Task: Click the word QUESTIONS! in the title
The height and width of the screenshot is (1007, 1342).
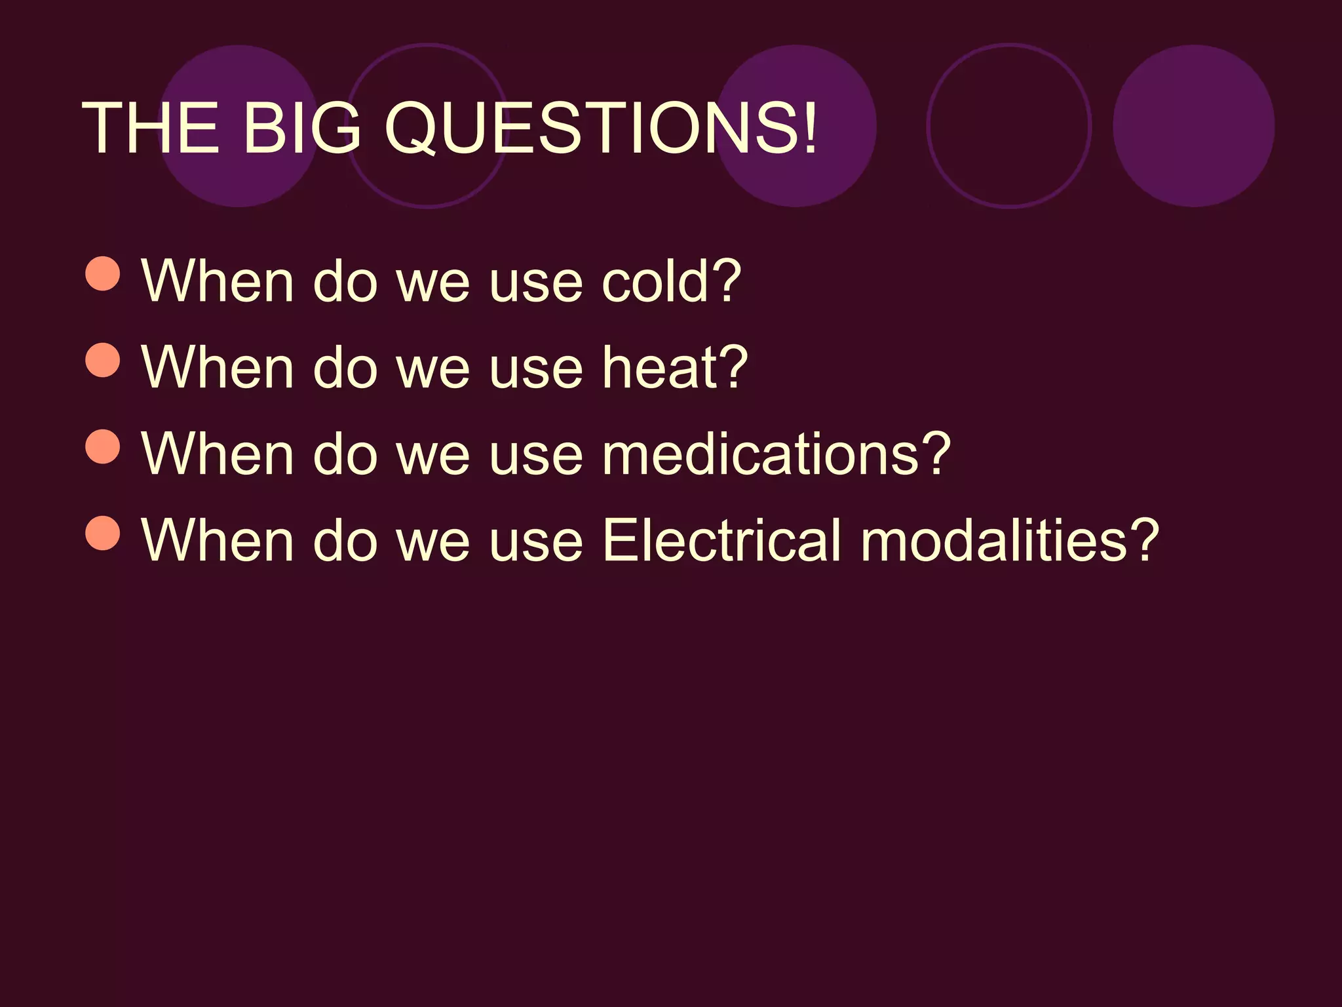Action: pos(601,128)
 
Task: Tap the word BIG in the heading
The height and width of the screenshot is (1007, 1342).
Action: pos(301,128)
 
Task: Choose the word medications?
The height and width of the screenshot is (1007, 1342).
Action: pos(776,454)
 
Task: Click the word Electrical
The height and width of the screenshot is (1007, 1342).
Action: pos(721,540)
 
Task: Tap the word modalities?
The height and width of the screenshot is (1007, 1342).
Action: pos(1010,540)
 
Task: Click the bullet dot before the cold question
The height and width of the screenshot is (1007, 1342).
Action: pos(103,273)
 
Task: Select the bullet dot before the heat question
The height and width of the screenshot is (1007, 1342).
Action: pos(103,359)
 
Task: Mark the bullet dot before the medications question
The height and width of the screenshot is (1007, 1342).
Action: pos(103,446)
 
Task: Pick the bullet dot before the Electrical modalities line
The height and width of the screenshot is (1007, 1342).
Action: pos(103,532)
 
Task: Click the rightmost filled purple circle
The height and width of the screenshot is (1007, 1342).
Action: pos(1193,126)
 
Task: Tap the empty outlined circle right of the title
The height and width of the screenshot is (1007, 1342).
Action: pos(1009,126)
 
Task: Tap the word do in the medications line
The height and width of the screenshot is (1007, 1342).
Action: pos(345,454)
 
